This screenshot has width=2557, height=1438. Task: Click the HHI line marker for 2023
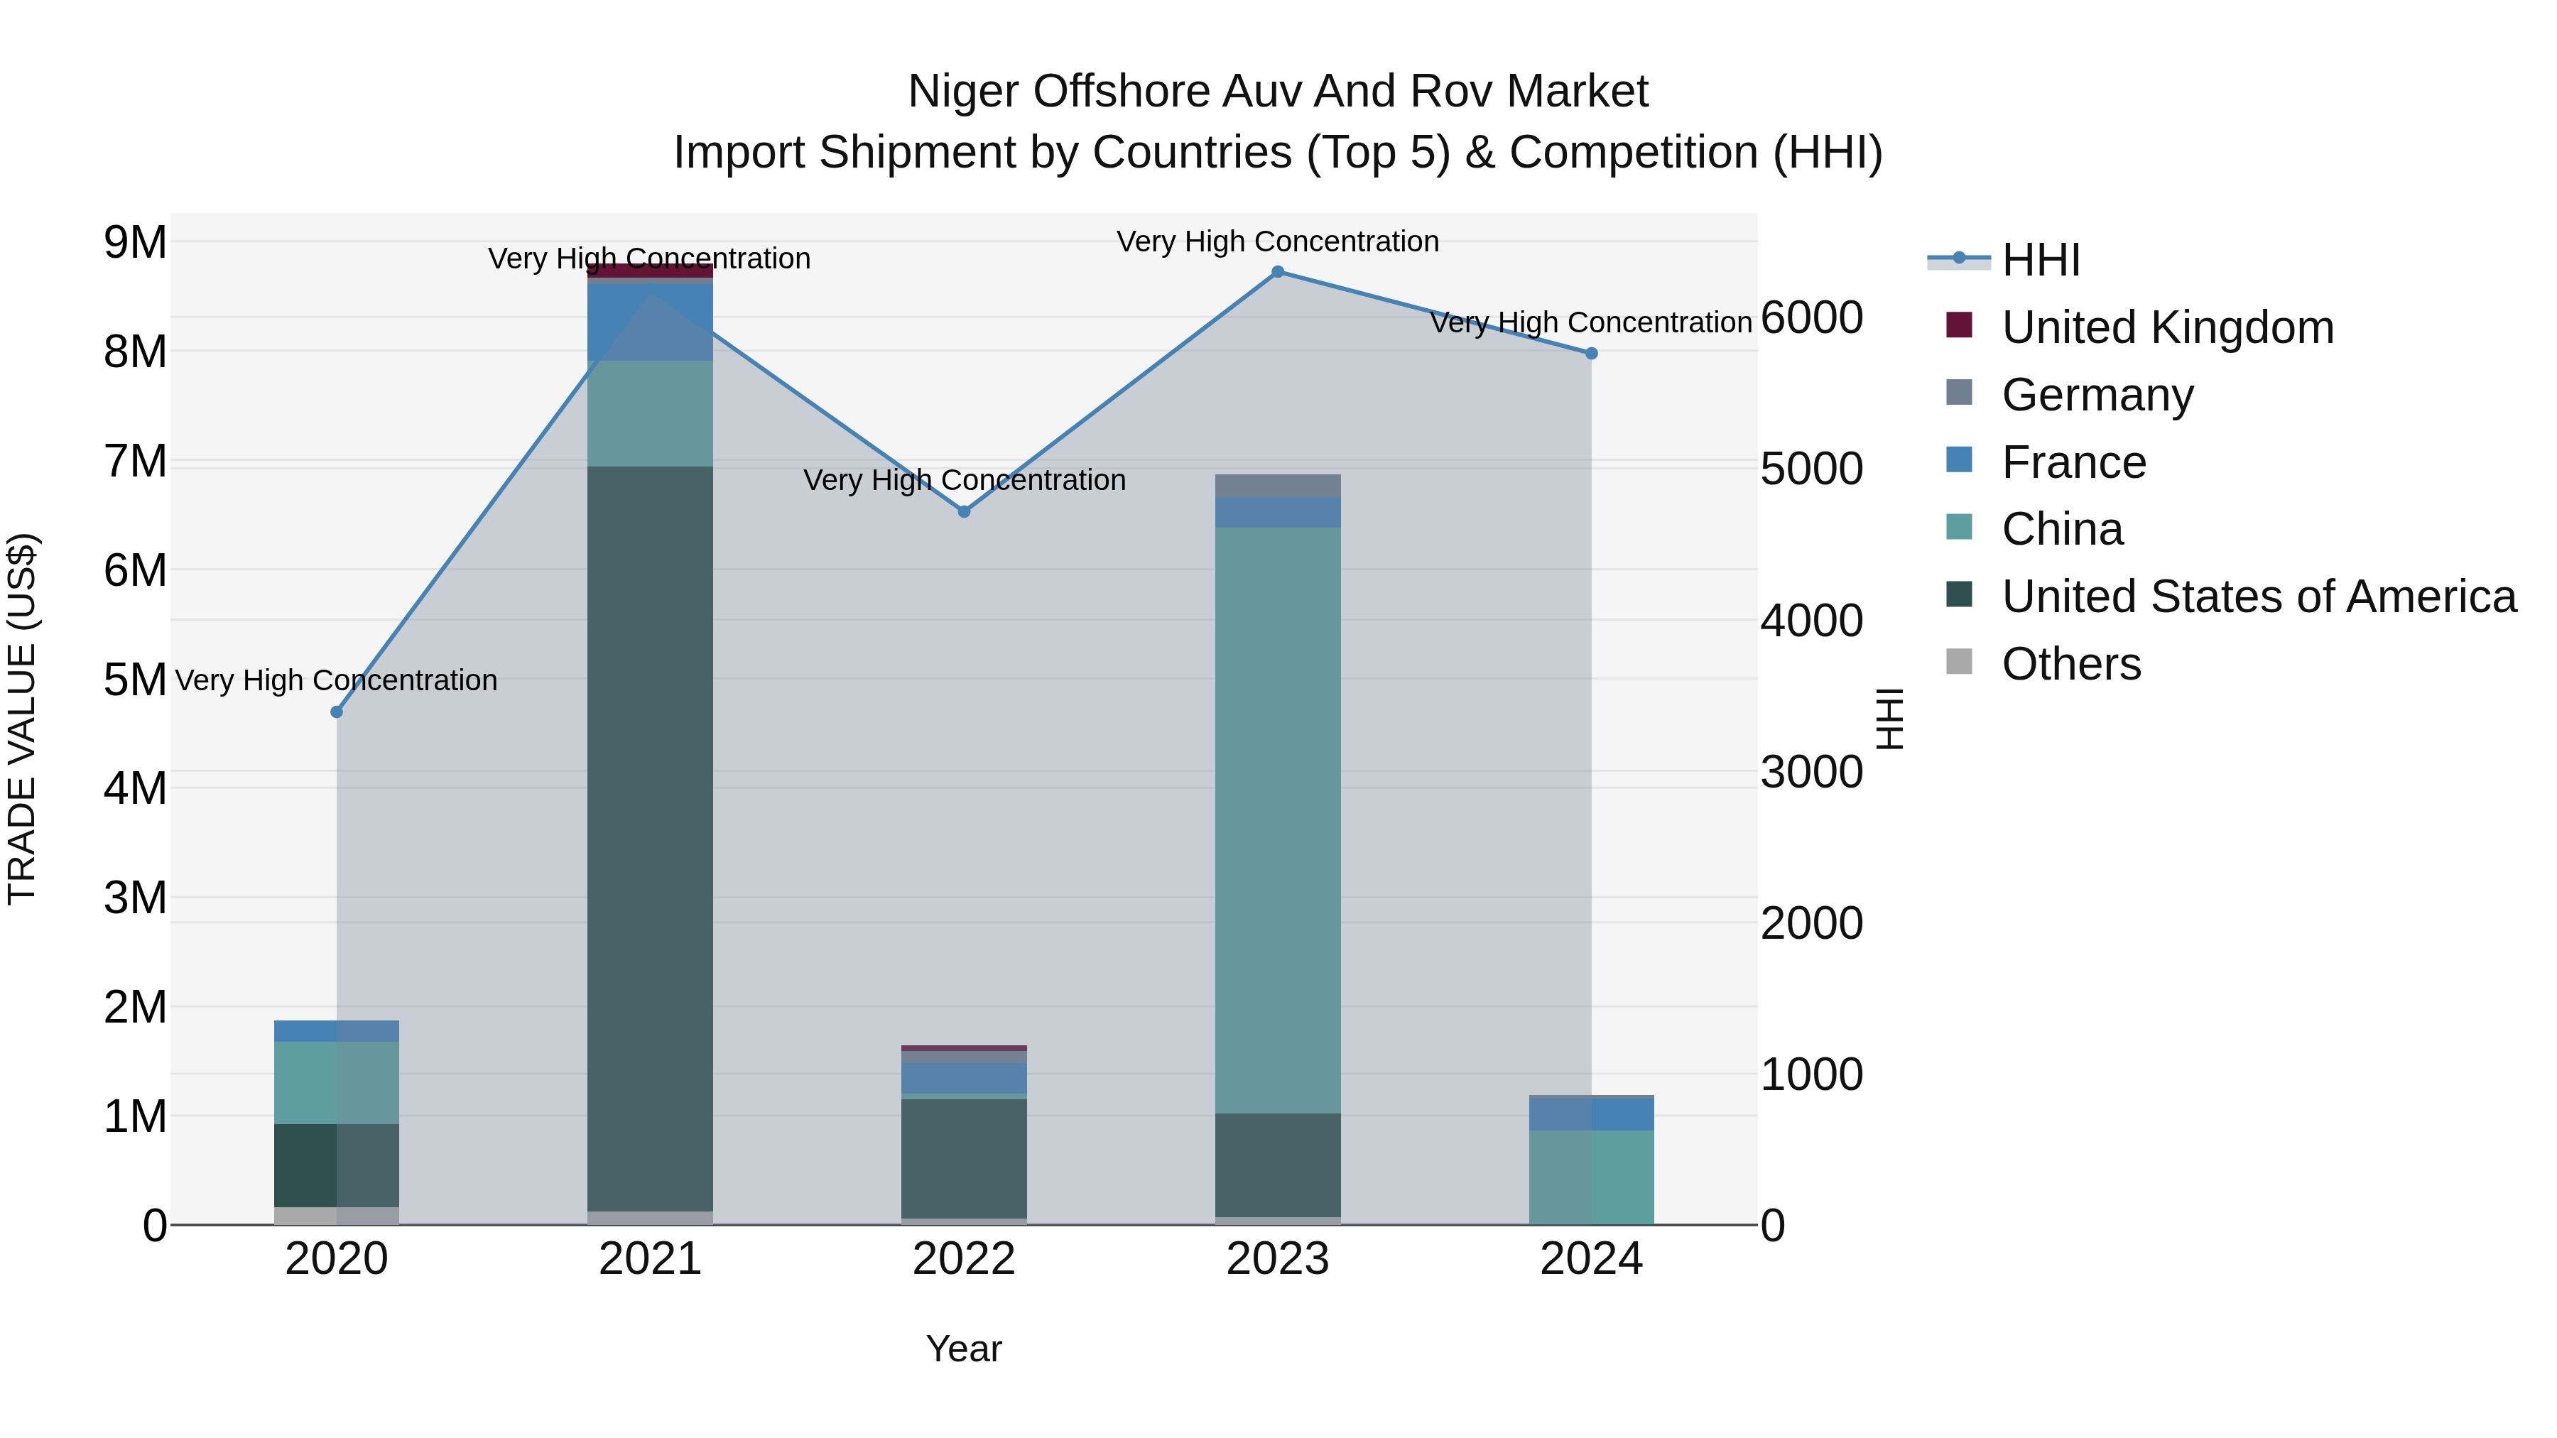1278,272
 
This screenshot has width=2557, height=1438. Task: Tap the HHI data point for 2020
337,712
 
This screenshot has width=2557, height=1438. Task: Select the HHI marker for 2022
964,511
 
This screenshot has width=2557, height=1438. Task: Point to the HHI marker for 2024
1591,354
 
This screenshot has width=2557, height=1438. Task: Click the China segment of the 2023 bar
1278,819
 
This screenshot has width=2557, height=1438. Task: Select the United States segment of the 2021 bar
650,839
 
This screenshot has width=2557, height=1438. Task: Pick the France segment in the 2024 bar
1591,1113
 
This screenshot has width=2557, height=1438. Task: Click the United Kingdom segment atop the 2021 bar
650,270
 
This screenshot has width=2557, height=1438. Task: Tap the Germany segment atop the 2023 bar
1278,485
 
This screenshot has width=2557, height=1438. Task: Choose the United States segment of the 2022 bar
964,1158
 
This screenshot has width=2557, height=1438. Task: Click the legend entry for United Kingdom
2167,327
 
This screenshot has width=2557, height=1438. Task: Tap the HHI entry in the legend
2040,260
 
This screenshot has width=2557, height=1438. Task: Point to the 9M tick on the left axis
135,242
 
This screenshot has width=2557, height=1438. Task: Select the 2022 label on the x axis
964,1259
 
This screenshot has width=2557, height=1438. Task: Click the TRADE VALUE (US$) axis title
22,719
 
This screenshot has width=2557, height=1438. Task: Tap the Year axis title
964,1349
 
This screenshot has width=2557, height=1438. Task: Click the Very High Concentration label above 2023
1278,241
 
